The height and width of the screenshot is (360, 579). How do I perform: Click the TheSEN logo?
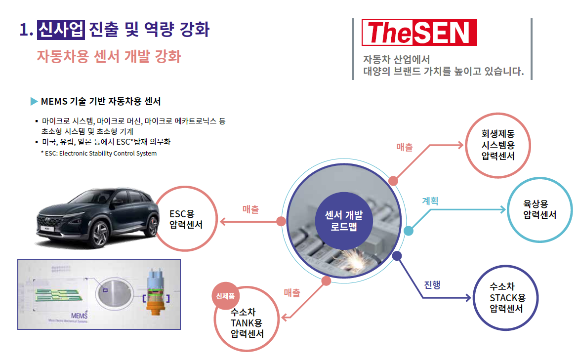tap(419, 33)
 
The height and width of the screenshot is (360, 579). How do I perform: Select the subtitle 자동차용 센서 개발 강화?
tap(109, 56)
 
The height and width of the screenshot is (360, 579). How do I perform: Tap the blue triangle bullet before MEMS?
tap(34, 102)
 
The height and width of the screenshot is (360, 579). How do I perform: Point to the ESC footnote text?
tap(99, 153)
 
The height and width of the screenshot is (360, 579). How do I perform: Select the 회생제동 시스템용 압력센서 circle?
tap(498, 145)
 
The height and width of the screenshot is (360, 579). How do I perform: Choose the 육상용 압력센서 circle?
tap(539, 209)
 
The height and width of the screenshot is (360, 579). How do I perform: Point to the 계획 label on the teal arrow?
tap(430, 201)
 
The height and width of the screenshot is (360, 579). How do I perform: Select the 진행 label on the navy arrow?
tap(432, 285)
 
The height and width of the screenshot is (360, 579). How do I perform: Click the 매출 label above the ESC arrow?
tap(251, 209)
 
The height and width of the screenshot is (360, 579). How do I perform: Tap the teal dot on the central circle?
tap(409, 231)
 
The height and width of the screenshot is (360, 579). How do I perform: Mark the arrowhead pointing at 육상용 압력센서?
tap(503, 209)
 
